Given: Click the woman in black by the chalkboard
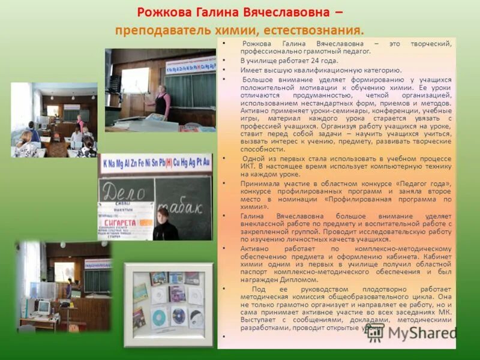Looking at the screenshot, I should [164, 226].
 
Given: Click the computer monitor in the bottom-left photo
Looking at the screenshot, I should [43, 307].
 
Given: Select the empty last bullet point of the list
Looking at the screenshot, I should [223, 337].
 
